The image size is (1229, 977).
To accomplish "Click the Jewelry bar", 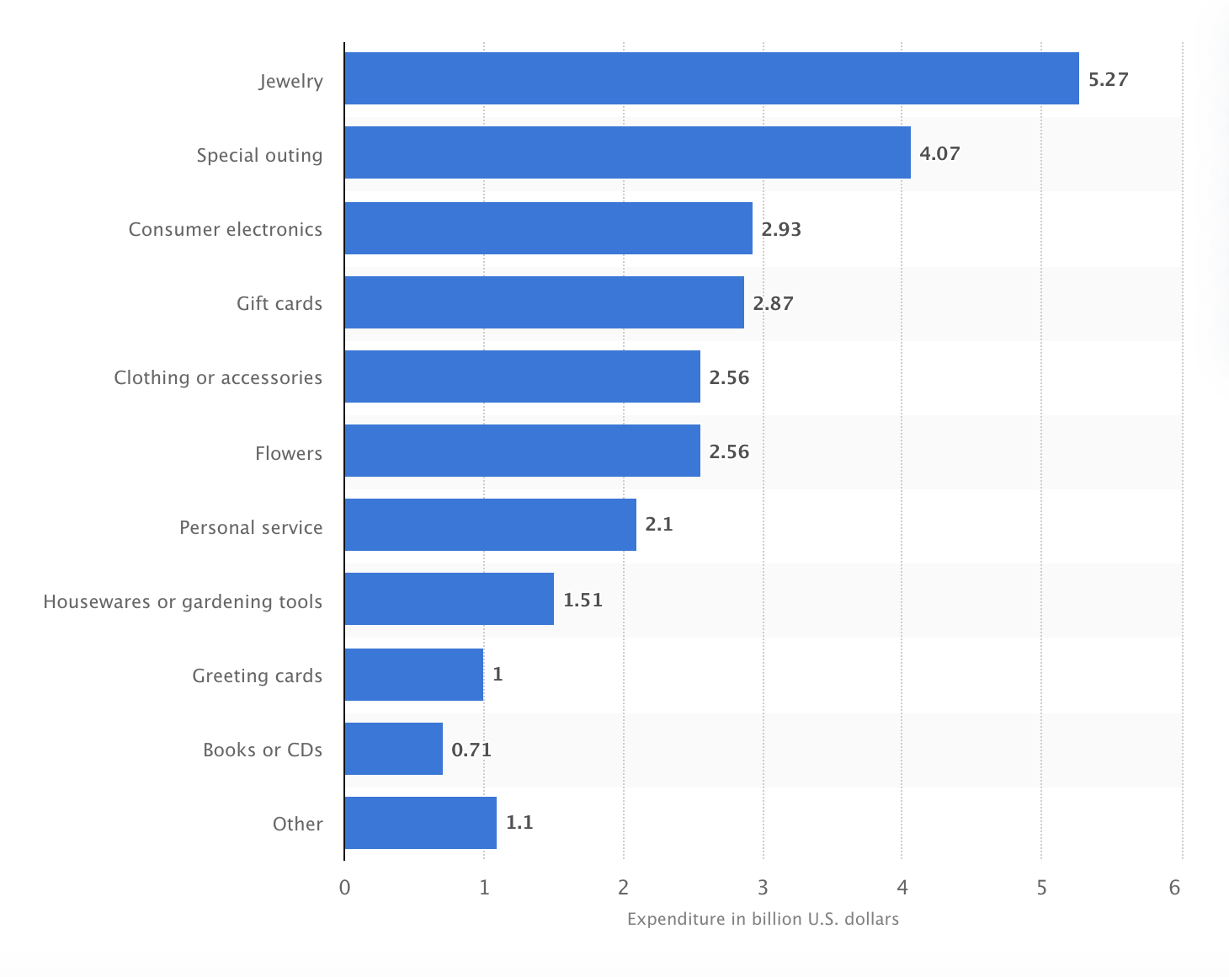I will point(711,78).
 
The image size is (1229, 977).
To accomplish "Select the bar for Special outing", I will point(627,152).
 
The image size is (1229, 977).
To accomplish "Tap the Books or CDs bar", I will point(393,749).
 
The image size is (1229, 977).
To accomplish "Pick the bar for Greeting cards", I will point(413,675).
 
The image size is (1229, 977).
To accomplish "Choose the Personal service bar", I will point(490,525).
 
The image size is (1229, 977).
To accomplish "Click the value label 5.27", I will point(1108,79).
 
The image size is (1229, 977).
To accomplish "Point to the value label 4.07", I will point(939,153).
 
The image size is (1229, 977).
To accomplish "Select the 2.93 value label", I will point(781,229).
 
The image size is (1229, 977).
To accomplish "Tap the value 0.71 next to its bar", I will point(471,750).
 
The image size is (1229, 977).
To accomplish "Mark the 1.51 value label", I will point(583,600).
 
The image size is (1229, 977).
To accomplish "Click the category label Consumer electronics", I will point(226,229).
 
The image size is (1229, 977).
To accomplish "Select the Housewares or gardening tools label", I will point(183,601).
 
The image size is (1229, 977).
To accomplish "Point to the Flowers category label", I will point(289,453).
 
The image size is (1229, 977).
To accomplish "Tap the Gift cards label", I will point(279,303).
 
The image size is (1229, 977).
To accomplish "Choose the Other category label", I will point(297,824).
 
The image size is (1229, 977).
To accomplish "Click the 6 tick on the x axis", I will point(1175,887).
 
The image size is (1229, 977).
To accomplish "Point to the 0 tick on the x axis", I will point(344,887).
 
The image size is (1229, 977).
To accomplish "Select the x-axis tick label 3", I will point(763,887).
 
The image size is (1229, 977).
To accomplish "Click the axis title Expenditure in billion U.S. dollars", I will point(763,919).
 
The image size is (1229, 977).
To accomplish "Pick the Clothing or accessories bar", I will point(522,376).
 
